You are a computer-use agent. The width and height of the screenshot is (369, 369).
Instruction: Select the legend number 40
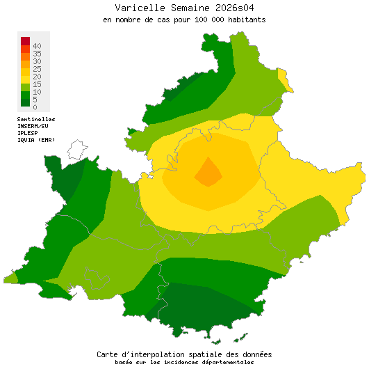(37, 46)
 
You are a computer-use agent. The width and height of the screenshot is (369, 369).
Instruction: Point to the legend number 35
(37, 54)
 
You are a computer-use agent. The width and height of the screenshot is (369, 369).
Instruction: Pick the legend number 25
(37, 69)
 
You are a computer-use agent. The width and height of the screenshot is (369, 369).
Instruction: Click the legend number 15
(37, 84)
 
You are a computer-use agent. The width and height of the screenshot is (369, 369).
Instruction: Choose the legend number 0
(35, 107)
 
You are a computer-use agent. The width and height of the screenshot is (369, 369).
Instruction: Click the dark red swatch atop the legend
(25, 41)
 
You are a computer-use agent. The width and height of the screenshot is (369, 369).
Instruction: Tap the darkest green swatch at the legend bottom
(25, 102)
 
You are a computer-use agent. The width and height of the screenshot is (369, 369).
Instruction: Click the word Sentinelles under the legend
(36, 119)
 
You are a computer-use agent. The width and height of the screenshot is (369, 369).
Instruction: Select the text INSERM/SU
(33, 126)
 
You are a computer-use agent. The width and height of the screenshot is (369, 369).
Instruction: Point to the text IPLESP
(28, 133)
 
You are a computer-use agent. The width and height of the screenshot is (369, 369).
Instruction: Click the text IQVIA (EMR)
(35, 140)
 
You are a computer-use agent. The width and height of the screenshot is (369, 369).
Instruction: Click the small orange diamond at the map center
(208, 172)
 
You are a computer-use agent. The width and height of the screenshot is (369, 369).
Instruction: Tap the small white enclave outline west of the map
(77, 150)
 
